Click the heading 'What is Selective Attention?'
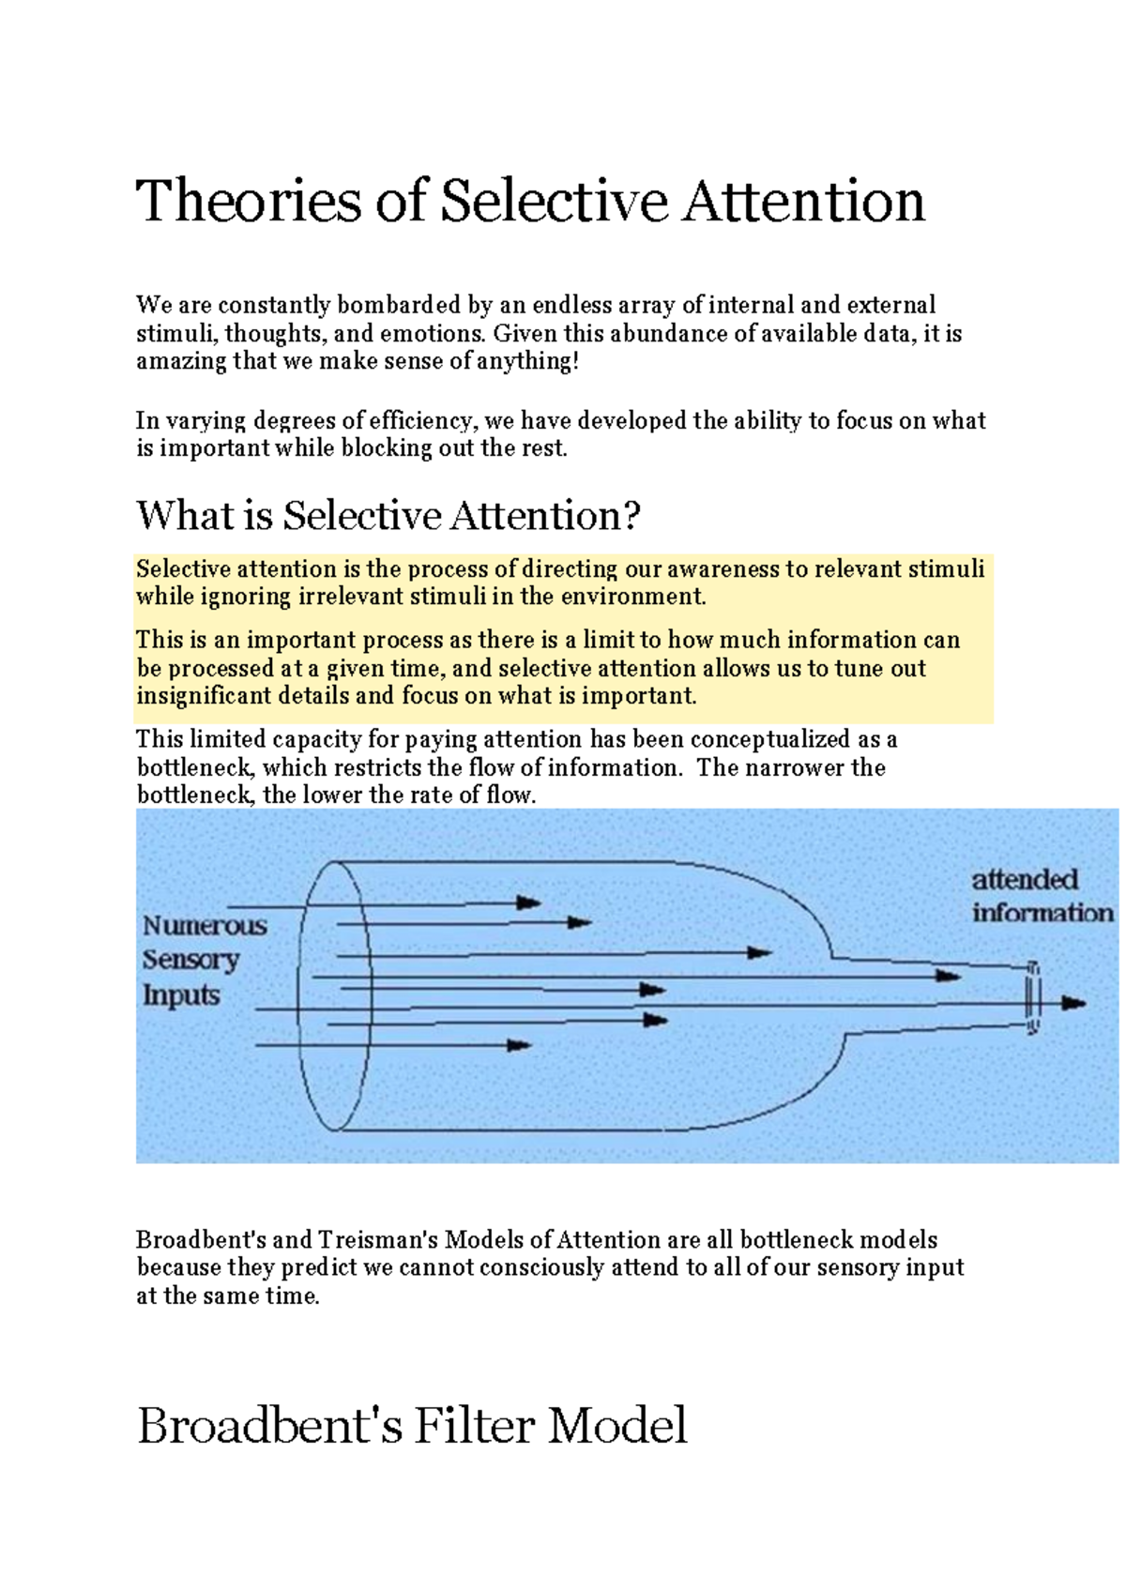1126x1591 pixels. click(x=388, y=515)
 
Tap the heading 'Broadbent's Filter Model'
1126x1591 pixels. click(x=412, y=1425)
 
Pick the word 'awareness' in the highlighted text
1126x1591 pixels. click(x=723, y=568)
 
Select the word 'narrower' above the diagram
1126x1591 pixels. click(x=795, y=767)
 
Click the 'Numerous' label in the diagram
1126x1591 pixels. click(x=205, y=926)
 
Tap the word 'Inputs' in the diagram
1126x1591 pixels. click(x=181, y=994)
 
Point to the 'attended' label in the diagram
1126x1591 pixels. click(x=1025, y=880)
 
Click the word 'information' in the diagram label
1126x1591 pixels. click(x=1042, y=913)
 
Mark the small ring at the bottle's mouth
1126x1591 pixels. click(x=1032, y=997)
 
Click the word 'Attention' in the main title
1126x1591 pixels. click(x=804, y=201)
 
